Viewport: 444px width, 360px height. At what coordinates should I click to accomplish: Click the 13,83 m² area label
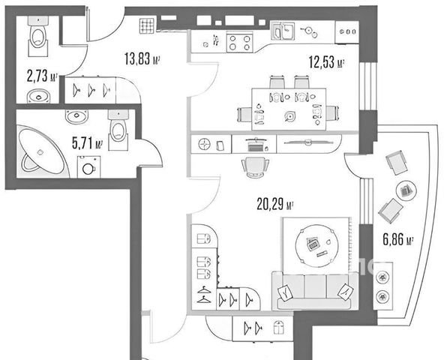pos(142,58)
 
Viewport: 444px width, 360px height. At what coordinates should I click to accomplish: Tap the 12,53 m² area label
pos(326,62)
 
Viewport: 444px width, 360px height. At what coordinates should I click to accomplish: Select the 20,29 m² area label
pos(274,204)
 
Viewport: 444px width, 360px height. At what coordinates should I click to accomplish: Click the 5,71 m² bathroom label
pos(87,142)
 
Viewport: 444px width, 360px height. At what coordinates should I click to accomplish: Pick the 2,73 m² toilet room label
pos(42,76)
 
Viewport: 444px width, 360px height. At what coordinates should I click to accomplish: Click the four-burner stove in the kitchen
pos(239,42)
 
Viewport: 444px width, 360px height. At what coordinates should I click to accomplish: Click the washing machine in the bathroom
pos(88,166)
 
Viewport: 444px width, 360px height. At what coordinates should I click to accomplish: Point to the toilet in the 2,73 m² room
pos(38,35)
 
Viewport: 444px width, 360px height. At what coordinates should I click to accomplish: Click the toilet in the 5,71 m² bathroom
pos(118,130)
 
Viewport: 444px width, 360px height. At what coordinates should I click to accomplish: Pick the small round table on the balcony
pos(406,191)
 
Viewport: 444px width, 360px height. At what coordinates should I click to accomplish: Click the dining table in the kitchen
pos(289,109)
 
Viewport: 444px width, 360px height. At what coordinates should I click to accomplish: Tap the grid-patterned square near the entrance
pos(148,25)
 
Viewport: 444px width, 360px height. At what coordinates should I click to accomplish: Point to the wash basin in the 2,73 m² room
pos(38,96)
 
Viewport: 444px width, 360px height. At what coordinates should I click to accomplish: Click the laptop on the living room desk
pos(256,145)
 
